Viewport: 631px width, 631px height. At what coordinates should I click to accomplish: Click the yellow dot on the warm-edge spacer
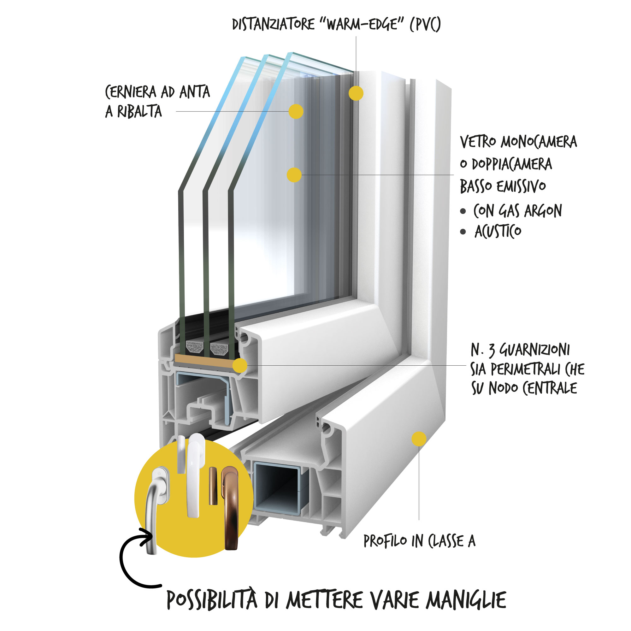tap(356, 93)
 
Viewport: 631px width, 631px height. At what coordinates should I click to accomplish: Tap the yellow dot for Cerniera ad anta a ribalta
tap(296, 111)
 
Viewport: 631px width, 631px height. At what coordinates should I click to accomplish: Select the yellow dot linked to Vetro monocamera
tap(294, 175)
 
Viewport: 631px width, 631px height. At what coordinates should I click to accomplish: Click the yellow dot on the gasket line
tap(240, 365)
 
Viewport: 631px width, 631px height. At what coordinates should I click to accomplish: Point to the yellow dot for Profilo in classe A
tap(419, 439)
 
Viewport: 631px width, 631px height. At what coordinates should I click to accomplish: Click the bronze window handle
tap(231, 510)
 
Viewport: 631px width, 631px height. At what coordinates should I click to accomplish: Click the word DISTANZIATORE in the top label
tap(273, 25)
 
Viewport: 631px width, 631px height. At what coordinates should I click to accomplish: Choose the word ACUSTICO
tap(498, 232)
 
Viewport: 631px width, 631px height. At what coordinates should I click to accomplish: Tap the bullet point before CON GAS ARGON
tap(463, 211)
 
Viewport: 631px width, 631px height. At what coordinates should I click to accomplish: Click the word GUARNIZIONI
tap(535, 350)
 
